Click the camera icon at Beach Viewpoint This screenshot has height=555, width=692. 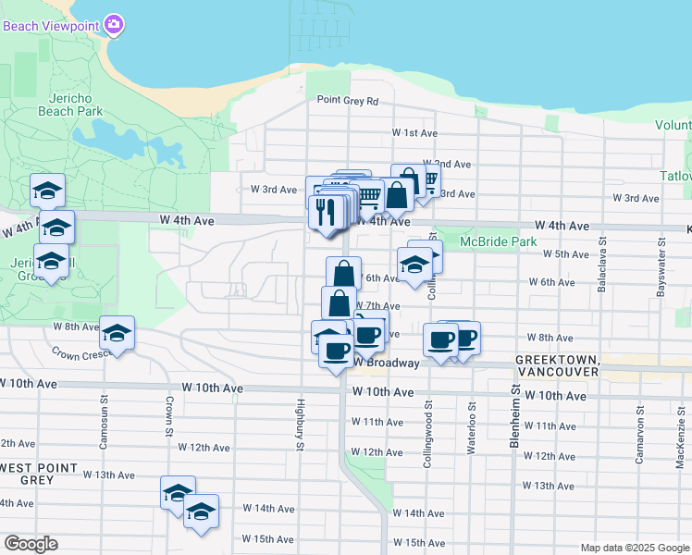coord(114,24)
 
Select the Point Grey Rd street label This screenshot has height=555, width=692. coord(348,101)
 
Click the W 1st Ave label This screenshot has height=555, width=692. coord(414,133)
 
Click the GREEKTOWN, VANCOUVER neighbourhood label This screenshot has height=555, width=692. coord(553,364)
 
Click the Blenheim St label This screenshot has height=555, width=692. coord(515,421)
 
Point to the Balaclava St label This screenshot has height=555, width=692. coord(602,269)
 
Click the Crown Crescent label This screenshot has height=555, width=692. coord(79,353)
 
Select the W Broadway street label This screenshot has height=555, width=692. coord(387,364)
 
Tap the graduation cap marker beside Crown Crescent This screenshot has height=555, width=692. coord(117,333)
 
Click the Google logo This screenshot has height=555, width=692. coord(31,544)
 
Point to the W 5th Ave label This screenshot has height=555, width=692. coord(565,253)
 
